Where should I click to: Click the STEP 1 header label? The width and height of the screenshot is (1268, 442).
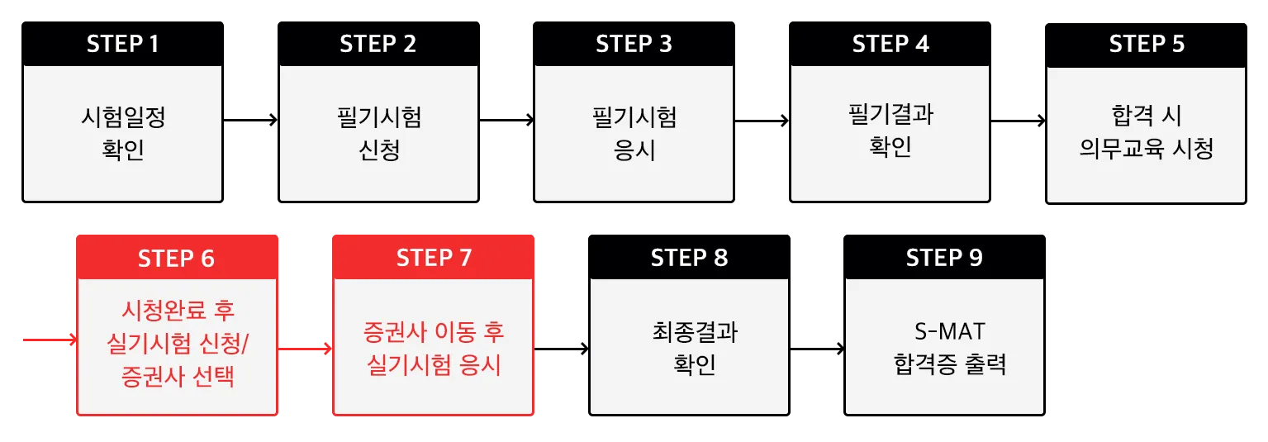pos(122,44)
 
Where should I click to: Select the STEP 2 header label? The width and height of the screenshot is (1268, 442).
pos(378,44)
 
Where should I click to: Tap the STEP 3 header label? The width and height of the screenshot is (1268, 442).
pos(634,44)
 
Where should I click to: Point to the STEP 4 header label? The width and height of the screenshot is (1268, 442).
pos(890,44)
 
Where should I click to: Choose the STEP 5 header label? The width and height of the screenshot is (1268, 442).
pos(1147,44)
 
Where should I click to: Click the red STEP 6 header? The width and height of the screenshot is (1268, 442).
pos(176,258)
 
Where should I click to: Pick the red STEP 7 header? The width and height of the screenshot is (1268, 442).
pos(434,258)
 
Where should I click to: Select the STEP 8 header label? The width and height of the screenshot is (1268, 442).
pos(689,258)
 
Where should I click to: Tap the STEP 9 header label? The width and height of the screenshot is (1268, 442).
pos(944,258)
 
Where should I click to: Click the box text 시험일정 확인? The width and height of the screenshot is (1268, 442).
pos(122,134)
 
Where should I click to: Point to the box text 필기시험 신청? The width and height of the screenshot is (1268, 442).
pos(379,134)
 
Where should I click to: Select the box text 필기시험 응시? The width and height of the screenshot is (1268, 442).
pos(634,134)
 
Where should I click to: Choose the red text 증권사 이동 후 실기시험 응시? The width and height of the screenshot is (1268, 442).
pos(434,348)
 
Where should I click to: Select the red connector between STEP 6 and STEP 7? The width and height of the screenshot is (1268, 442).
pos(305,345)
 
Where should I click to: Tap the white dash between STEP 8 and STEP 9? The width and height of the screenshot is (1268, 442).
pos(812,354)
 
